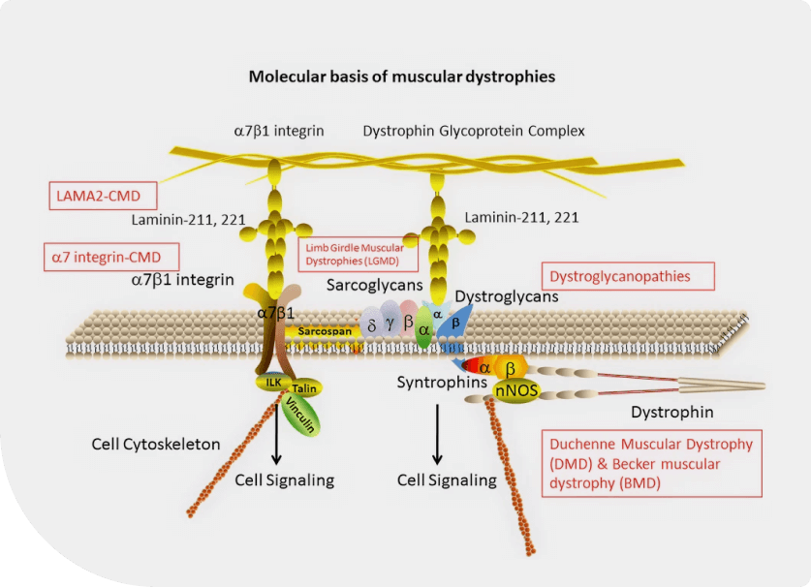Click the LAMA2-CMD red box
click(x=103, y=196)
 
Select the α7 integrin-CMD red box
click(x=111, y=257)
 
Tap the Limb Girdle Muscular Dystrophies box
click(x=358, y=254)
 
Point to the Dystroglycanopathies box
click(x=628, y=276)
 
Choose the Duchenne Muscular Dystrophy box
click(x=652, y=463)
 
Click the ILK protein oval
click(x=273, y=383)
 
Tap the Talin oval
click(x=304, y=387)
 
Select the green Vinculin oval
click(x=300, y=417)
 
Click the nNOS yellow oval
click(x=516, y=391)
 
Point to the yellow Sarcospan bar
click(x=325, y=331)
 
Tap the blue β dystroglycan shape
click(x=454, y=324)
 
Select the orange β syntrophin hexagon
click(x=511, y=369)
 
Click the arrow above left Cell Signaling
click(x=277, y=434)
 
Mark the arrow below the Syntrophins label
click(x=438, y=434)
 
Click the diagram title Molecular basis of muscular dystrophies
click(x=402, y=77)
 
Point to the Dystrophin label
click(x=671, y=413)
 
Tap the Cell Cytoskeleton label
click(x=156, y=445)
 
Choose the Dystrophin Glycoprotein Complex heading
click(x=473, y=131)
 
